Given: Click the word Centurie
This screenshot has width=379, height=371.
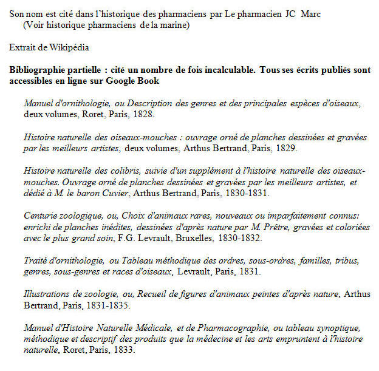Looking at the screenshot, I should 41,216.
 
